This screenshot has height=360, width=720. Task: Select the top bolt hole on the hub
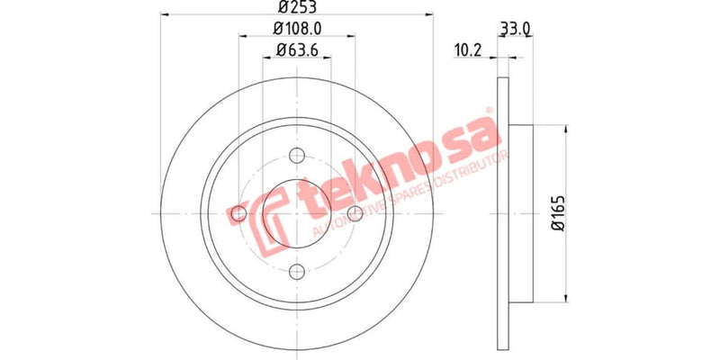point(297,155)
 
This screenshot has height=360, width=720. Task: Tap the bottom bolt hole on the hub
point(297,271)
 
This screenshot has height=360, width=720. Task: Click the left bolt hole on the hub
point(238,213)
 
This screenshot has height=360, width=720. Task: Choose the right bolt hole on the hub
point(355,213)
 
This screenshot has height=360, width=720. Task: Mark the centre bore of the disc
point(297,213)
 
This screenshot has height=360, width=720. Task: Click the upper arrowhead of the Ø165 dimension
point(565,127)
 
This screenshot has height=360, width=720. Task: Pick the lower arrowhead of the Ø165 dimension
point(565,298)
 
